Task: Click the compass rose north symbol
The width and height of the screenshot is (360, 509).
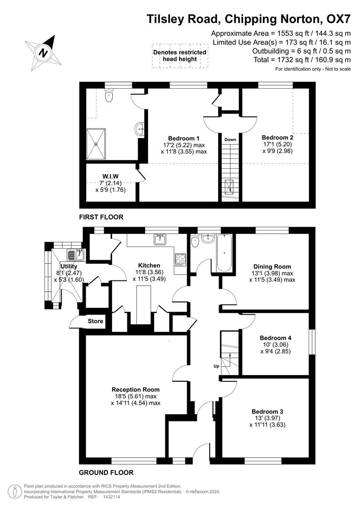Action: click(x=43, y=53)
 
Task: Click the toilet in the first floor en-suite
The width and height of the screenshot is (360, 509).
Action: click(x=109, y=97)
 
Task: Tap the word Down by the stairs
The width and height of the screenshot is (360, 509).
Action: click(x=230, y=140)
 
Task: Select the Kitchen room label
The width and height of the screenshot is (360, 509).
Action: click(x=149, y=265)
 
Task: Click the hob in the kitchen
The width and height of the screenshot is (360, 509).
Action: click(x=180, y=259)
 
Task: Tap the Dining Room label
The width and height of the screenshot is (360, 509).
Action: click(x=272, y=266)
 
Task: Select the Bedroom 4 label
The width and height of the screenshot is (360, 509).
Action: click(x=276, y=338)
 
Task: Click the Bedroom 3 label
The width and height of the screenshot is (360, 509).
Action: click(x=267, y=411)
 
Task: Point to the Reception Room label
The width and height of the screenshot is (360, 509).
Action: click(x=135, y=390)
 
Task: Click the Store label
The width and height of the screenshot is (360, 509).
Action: click(x=95, y=321)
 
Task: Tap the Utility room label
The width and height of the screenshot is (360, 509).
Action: click(x=56, y=266)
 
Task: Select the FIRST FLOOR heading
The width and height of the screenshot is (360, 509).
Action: click(x=101, y=217)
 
